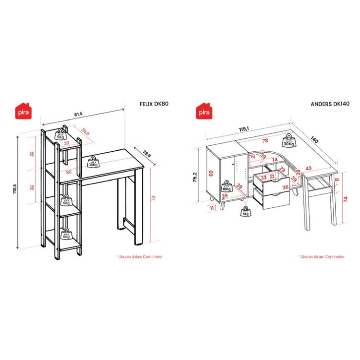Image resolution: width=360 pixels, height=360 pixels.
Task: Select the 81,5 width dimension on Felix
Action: click(x=78, y=115)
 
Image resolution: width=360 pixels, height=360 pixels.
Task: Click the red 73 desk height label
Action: click(x=153, y=198)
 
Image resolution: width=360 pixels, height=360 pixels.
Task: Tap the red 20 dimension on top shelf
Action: click(x=66, y=143)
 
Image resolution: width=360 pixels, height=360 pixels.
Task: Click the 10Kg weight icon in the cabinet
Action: click(x=226, y=187)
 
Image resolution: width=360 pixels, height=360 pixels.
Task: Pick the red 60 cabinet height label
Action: click(x=211, y=173)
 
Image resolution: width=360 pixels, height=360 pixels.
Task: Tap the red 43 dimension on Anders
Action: click(x=308, y=169)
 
